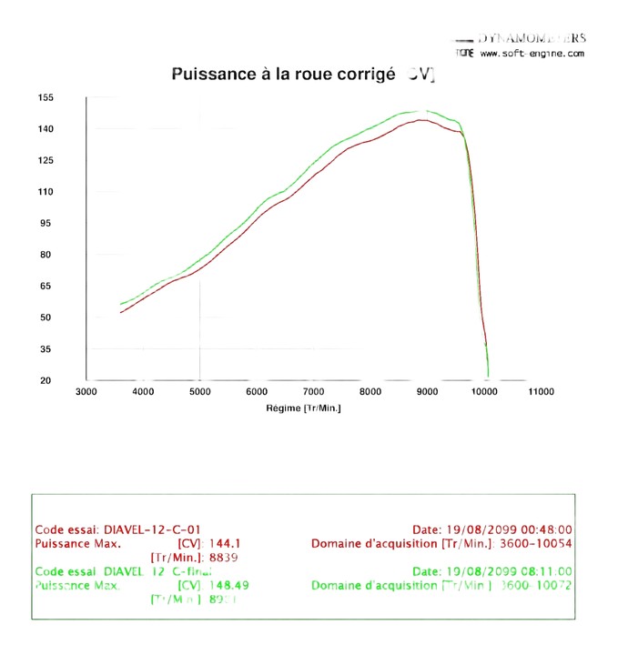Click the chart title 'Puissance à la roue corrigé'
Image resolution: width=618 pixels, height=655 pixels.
pyautogui.click(x=283, y=74)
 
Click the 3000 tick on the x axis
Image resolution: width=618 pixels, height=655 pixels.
pyautogui.click(x=86, y=392)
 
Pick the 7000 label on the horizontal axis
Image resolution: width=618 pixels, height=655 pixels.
pyautogui.click(x=313, y=392)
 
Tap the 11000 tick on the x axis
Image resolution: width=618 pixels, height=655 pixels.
pyautogui.click(x=541, y=392)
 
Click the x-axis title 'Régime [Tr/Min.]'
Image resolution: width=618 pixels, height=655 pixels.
pyautogui.click(x=305, y=408)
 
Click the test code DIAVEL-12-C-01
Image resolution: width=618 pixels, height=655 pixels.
pyautogui.click(x=153, y=529)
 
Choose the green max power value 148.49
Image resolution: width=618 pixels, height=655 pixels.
pyautogui.click(x=228, y=585)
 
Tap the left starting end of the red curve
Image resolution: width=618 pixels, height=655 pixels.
pyautogui.click(x=121, y=312)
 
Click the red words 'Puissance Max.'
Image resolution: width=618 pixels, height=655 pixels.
pyautogui.click(x=78, y=544)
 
